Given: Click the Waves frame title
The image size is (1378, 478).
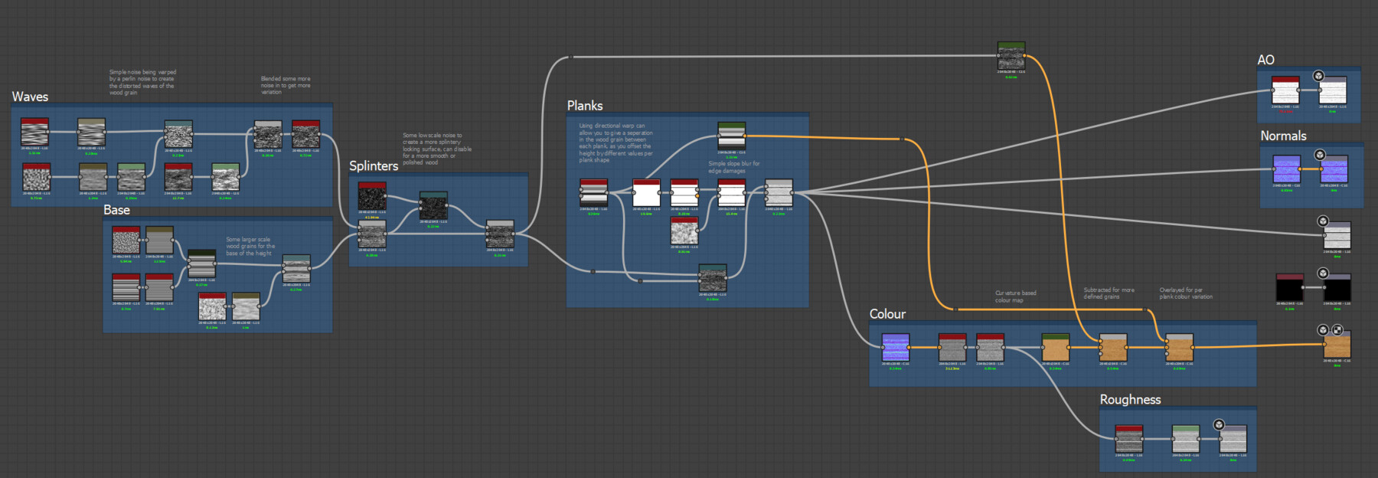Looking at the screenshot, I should (30, 97).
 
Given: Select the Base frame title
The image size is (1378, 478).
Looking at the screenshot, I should (116, 210).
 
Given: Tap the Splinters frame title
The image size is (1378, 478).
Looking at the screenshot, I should (374, 165).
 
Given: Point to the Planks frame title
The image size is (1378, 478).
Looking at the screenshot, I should (585, 106).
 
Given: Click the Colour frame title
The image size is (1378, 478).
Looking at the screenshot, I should (887, 314).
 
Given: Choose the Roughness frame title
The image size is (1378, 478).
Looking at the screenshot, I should (1130, 399).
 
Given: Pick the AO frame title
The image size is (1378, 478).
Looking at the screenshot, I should (1265, 60).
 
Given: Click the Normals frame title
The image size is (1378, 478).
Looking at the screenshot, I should (1283, 136).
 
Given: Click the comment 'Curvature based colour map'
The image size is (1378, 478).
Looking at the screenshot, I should (1015, 296).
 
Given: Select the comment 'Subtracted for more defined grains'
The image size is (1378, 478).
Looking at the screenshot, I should (1109, 293).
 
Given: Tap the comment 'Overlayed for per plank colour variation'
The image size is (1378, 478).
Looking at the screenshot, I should (1186, 293).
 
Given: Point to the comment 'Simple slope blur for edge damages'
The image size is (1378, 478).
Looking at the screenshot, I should (733, 167).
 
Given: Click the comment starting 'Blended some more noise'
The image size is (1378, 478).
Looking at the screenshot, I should (286, 85).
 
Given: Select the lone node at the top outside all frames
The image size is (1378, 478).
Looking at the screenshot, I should (1011, 57).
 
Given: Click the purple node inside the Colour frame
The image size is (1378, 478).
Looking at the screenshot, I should (895, 347).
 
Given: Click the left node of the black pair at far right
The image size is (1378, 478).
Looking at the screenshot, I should (1289, 288).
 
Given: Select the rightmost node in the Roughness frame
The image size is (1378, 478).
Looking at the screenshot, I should (1233, 440).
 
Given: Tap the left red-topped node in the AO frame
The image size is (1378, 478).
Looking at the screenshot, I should (1285, 90).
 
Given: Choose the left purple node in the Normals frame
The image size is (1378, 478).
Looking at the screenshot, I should (1286, 169).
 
